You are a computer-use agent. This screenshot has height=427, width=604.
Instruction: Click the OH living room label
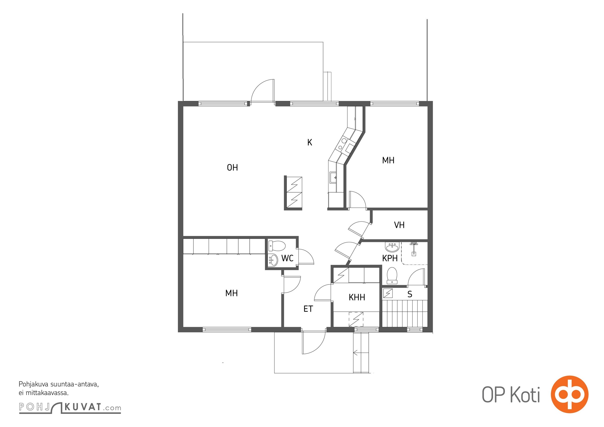[x=232, y=167]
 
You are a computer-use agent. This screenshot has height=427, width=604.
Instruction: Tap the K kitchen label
[x=310, y=142]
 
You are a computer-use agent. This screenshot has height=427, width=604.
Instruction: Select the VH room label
[x=399, y=225]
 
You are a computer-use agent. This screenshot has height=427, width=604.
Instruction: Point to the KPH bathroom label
[x=390, y=258]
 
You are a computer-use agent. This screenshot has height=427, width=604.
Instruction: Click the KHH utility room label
[x=357, y=297]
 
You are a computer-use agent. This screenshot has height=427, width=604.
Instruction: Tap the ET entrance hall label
[x=308, y=309]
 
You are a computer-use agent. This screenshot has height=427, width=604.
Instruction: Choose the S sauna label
[x=410, y=294]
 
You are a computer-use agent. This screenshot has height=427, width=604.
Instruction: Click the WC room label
[x=287, y=258]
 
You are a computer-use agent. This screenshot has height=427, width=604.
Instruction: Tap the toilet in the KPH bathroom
[x=392, y=275]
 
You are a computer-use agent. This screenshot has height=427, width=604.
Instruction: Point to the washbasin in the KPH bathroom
[x=392, y=247]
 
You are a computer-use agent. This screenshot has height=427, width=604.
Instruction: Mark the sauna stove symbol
[x=388, y=293]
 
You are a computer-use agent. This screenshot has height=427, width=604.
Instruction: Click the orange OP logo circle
[x=570, y=394]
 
